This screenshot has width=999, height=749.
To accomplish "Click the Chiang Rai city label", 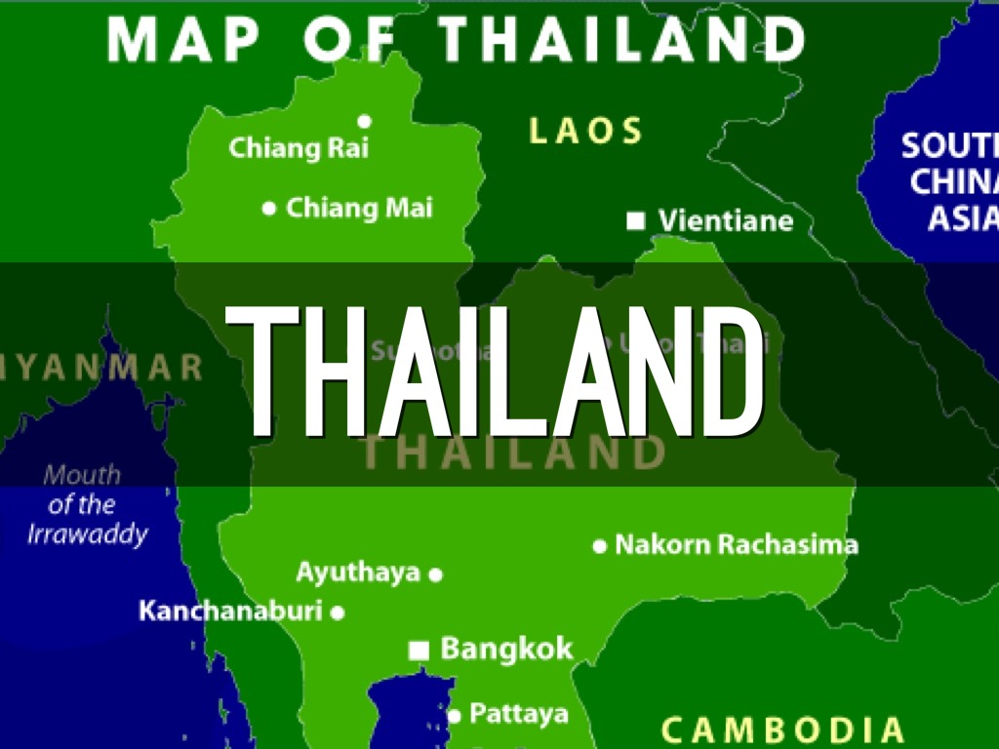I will tap(299, 149).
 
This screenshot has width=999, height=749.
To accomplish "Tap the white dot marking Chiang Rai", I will tap(364, 122).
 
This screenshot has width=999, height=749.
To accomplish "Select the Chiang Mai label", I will tap(359, 208).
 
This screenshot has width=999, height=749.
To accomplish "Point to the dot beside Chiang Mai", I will tap(269, 208).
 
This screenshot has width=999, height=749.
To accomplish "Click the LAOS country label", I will tap(585, 131).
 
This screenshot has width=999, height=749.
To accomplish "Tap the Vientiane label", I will tap(725, 221).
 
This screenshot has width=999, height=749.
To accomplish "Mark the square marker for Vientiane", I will tap(636, 221).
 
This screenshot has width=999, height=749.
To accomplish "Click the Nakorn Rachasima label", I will tap(737, 544).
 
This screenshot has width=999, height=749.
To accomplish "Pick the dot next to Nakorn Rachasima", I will tap(600, 546).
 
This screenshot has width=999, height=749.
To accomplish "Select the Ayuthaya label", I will tap(358, 572).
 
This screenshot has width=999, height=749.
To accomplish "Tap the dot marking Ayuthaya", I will tap(436, 574).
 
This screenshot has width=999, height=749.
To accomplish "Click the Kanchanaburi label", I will tap(230, 611).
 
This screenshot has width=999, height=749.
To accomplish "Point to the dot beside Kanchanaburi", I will tap(338, 613).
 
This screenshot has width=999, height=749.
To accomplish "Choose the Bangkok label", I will tap(506, 649).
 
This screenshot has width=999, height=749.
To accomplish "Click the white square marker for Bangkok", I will tap(420, 650).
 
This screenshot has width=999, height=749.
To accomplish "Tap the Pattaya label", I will tap(518, 714).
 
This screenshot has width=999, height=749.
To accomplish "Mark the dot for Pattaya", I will tap(454, 716).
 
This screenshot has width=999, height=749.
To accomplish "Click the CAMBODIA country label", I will tap(782, 729).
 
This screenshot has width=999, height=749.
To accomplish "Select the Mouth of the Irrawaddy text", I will tap(86, 504).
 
